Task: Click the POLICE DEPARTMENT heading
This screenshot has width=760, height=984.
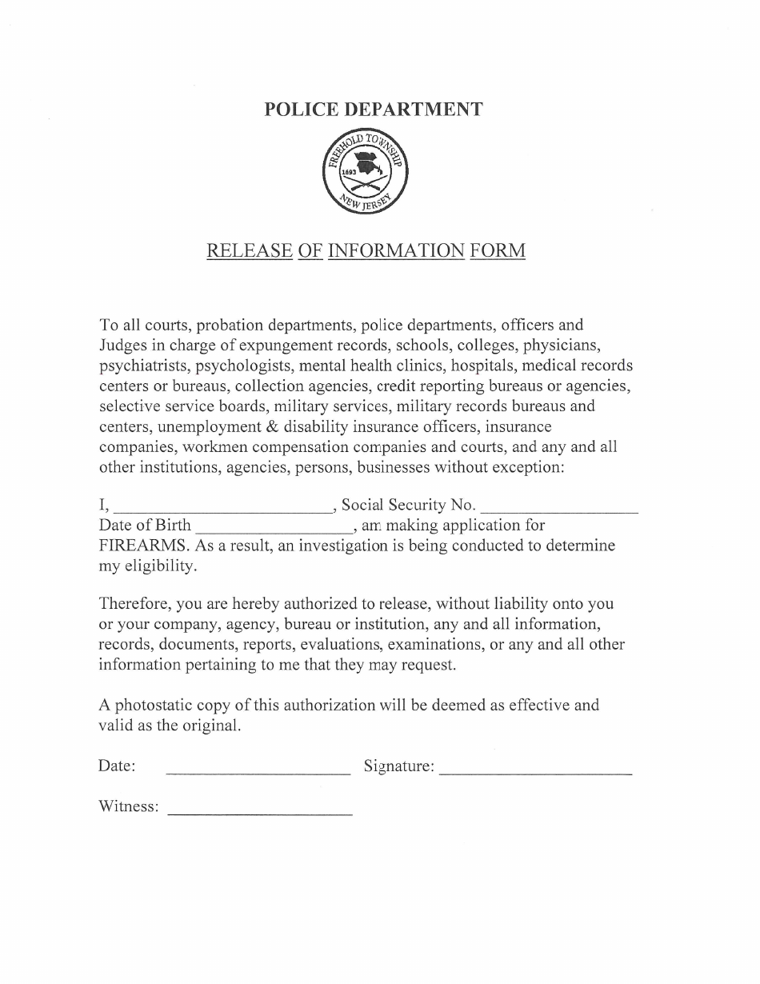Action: pyautogui.click(x=374, y=110)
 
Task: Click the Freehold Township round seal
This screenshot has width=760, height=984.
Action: pyautogui.click(x=365, y=172)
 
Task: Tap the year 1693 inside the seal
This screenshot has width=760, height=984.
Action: pyautogui.click(x=349, y=172)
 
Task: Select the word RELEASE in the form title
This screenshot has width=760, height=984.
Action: pyautogui.click(x=249, y=251)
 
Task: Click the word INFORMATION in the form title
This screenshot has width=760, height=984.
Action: pyautogui.click(x=396, y=251)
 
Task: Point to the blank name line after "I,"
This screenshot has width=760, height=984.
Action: pyautogui.click(x=223, y=509)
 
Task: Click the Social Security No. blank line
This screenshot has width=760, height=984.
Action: pyautogui.click(x=561, y=509)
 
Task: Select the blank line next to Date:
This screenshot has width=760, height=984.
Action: pyautogui.click(x=258, y=773)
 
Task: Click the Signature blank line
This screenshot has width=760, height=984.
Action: pyautogui.click(x=536, y=773)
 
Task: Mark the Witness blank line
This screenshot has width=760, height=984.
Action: pyautogui.click(x=259, y=813)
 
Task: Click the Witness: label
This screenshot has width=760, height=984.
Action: pyautogui.click(x=128, y=806)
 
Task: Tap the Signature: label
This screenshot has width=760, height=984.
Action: pyautogui.click(x=399, y=766)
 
